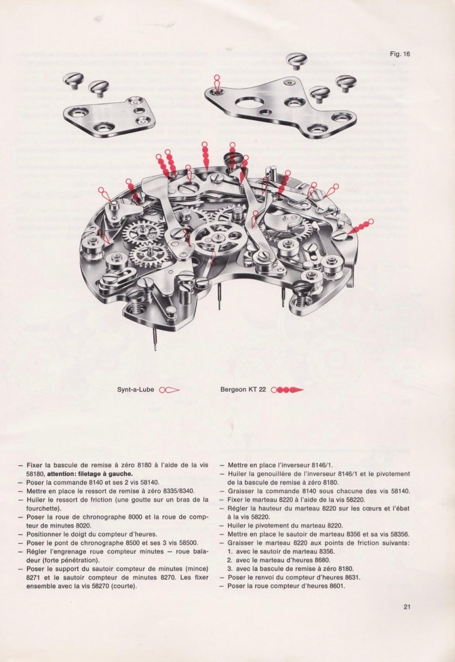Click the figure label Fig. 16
(x=399, y=54)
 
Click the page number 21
(x=407, y=606)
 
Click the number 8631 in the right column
(x=349, y=577)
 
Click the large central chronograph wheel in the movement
(x=218, y=237)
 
